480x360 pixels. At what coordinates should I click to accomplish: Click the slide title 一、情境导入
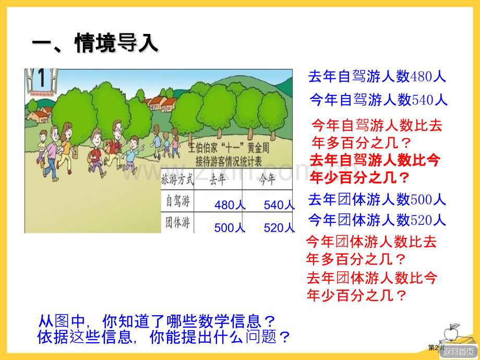point(95,43)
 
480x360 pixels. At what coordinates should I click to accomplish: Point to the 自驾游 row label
point(177,200)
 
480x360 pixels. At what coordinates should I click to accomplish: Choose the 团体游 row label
point(177,223)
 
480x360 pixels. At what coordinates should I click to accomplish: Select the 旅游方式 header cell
point(178,180)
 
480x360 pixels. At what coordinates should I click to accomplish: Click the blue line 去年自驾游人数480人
point(377,77)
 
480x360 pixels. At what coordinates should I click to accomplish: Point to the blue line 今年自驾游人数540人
point(378,99)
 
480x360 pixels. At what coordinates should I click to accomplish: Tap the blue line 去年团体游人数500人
point(377,199)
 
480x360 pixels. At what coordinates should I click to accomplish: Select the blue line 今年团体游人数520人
point(377,220)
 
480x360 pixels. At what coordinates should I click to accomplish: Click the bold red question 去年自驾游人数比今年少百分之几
point(375,169)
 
